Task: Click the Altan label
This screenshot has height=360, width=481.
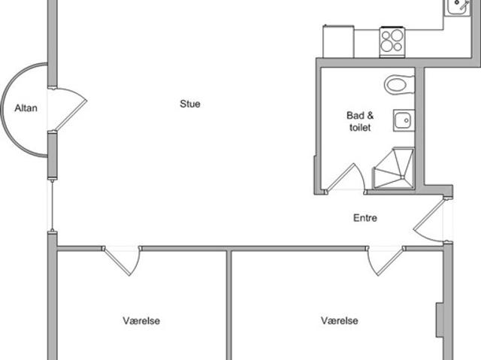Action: (26, 108)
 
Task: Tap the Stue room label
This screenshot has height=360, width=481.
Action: (190, 104)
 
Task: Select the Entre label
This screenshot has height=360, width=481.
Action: (365, 218)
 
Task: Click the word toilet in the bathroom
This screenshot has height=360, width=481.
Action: (360, 127)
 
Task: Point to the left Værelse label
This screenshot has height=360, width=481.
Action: (141, 321)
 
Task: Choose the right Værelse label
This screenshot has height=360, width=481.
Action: (340, 321)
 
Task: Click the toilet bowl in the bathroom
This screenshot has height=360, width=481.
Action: (399, 85)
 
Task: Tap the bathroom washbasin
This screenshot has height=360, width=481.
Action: (404, 120)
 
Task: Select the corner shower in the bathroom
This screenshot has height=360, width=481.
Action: (394, 168)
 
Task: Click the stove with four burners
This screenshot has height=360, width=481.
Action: (392, 41)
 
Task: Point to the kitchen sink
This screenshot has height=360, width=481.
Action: (457, 6)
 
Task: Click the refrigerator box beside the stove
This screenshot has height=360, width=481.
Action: (338, 41)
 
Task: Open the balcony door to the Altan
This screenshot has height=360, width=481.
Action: (67, 109)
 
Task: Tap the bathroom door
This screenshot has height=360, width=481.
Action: (345, 178)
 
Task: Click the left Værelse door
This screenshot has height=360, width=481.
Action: (122, 261)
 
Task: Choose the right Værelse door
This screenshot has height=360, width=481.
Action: (386, 261)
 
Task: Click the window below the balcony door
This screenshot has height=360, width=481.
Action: (53, 206)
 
